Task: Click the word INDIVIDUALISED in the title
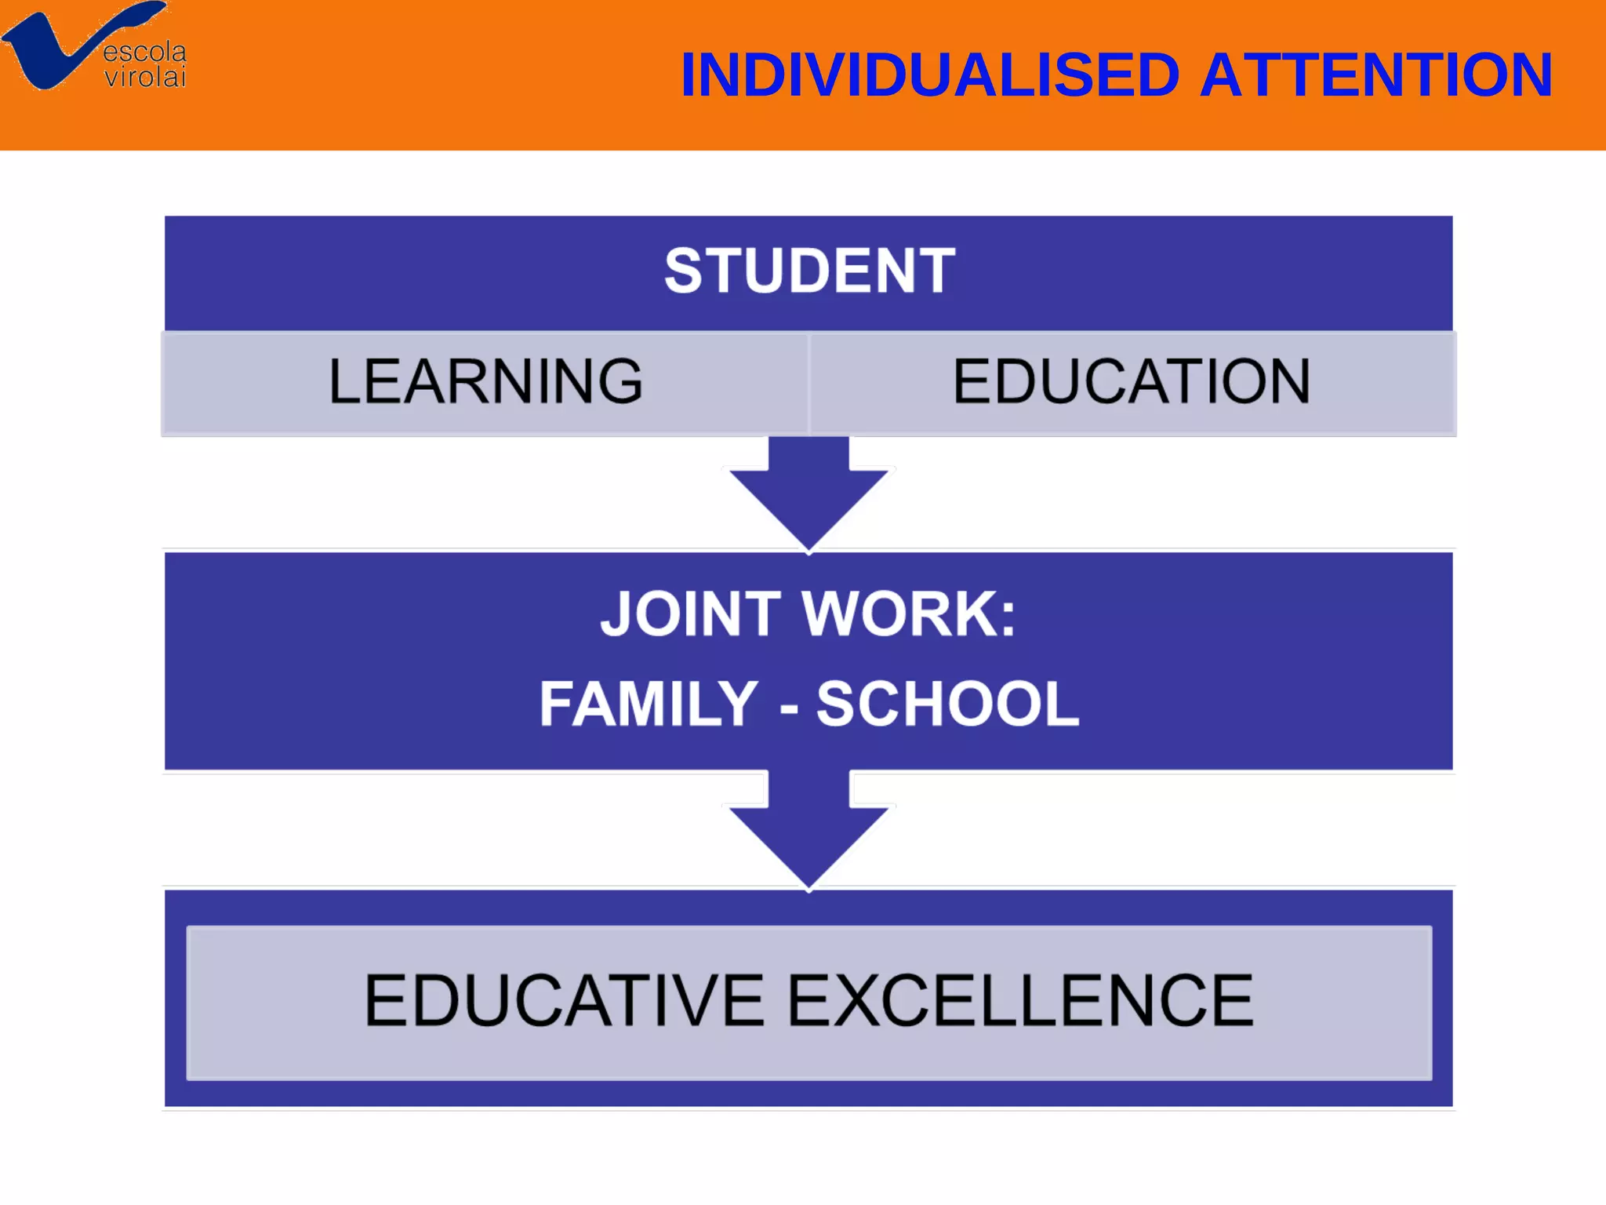[x=930, y=75]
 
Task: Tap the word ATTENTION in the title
[x=1375, y=75]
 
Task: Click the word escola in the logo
[x=145, y=52]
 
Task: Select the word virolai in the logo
[x=146, y=77]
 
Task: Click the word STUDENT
[x=809, y=271]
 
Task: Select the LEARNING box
[x=485, y=382]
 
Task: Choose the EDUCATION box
[x=1132, y=382]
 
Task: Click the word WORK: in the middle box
[x=910, y=614]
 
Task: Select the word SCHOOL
[x=947, y=704]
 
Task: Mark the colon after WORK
[x=1008, y=617]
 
